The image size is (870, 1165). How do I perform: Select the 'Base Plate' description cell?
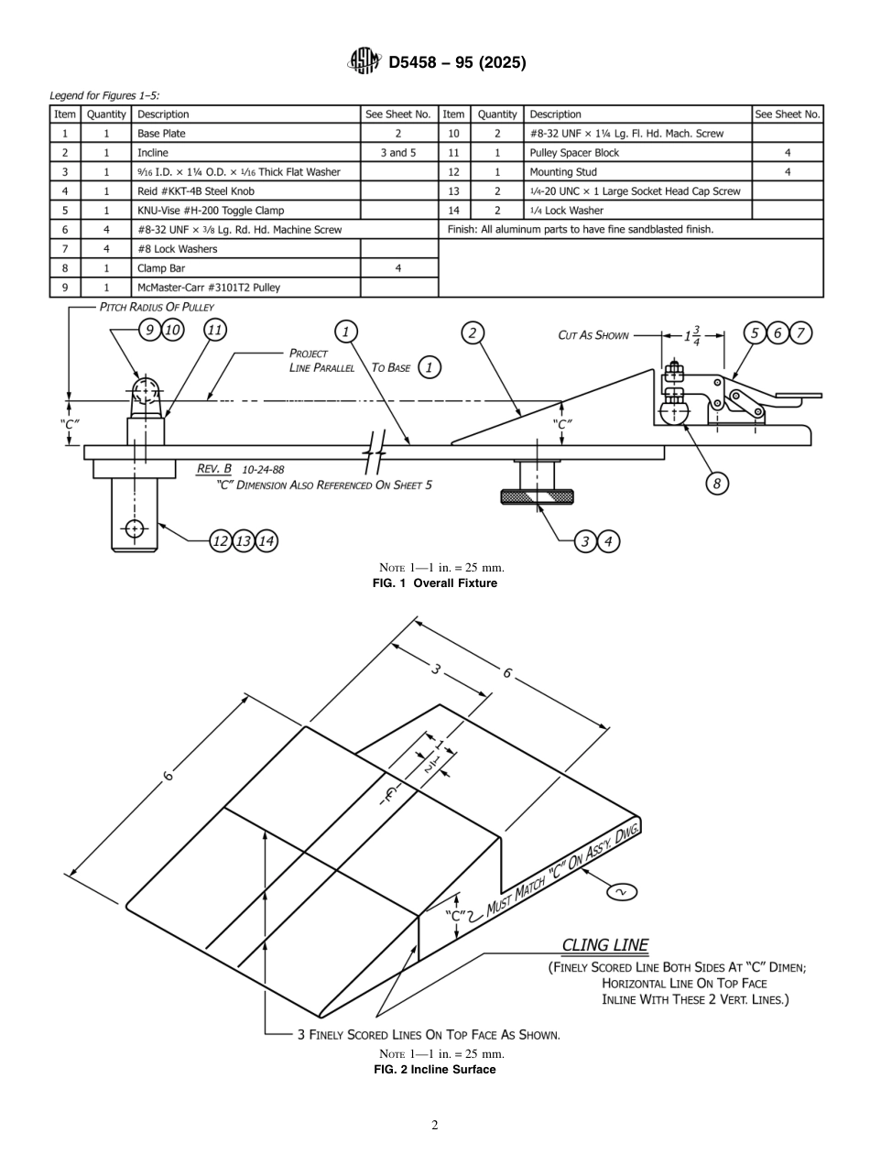[x=246, y=134]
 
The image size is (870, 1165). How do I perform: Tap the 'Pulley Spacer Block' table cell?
[x=638, y=153]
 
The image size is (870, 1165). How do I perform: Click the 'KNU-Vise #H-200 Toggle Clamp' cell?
[x=246, y=211]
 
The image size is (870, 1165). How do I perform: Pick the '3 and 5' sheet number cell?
[x=398, y=153]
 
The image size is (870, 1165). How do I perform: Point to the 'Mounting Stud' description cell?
[x=638, y=172]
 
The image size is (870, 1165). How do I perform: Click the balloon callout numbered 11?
[x=216, y=331]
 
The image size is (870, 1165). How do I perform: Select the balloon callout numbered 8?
[x=717, y=484]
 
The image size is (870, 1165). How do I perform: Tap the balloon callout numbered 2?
[x=472, y=332]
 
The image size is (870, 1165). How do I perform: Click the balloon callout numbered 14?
[x=266, y=541]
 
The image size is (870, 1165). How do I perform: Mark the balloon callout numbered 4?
[x=608, y=541]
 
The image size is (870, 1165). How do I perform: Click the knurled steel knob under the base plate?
[x=536, y=496]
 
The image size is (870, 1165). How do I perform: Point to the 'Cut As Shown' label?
[x=593, y=335]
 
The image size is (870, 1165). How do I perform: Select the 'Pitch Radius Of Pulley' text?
[x=157, y=307]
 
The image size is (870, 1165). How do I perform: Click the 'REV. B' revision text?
[x=214, y=469]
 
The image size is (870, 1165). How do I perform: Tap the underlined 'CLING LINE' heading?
[x=604, y=945]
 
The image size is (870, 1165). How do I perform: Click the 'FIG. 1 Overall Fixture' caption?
[x=435, y=583]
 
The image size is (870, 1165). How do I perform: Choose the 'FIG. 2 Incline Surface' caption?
[x=435, y=1069]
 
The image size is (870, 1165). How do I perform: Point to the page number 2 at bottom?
[x=435, y=1126]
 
